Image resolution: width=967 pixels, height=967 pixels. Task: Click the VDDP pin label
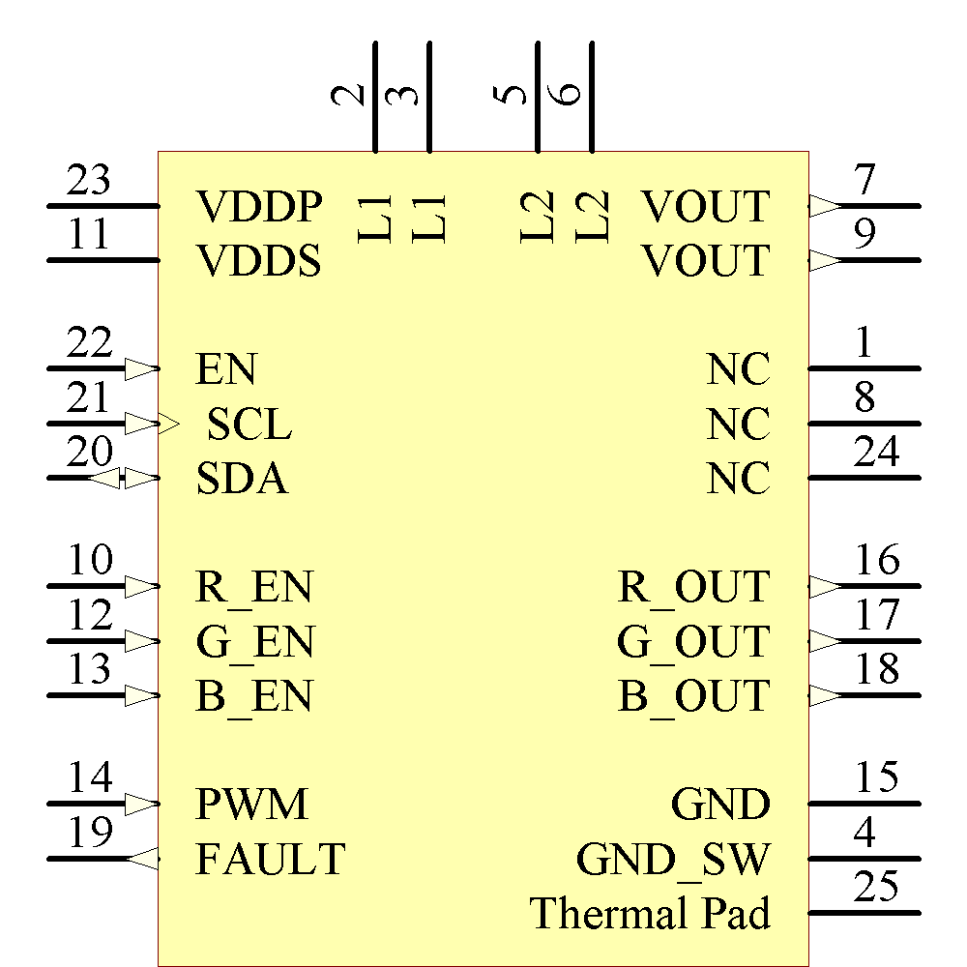[x=258, y=207]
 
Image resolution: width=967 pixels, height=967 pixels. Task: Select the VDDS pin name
[x=258, y=261]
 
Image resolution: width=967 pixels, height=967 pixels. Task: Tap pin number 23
[x=89, y=181]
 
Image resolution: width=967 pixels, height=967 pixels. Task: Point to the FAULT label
[x=270, y=859]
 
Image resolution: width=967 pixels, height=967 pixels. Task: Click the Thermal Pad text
[x=650, y=913]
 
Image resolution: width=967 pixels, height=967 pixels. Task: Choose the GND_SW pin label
[x=673, y=859]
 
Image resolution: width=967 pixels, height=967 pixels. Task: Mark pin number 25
[x=877, y=887]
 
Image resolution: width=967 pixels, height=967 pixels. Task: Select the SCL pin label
[x=249, y=425]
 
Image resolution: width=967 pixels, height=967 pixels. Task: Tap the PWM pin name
[x=252, y=805]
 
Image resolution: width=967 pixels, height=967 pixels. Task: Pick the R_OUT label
[x=693, y=587]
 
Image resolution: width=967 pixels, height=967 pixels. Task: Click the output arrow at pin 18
[x=824, y=695]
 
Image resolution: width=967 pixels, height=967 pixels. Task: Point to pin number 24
[x=877, y=453]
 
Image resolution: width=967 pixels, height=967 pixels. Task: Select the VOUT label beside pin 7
[x=706, y=207]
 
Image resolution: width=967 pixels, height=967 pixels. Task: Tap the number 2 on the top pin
[x=349, y=94]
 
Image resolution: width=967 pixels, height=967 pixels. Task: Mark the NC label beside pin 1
[x=739, y=369]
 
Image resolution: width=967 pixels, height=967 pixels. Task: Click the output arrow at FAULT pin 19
[x=144, y=858]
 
